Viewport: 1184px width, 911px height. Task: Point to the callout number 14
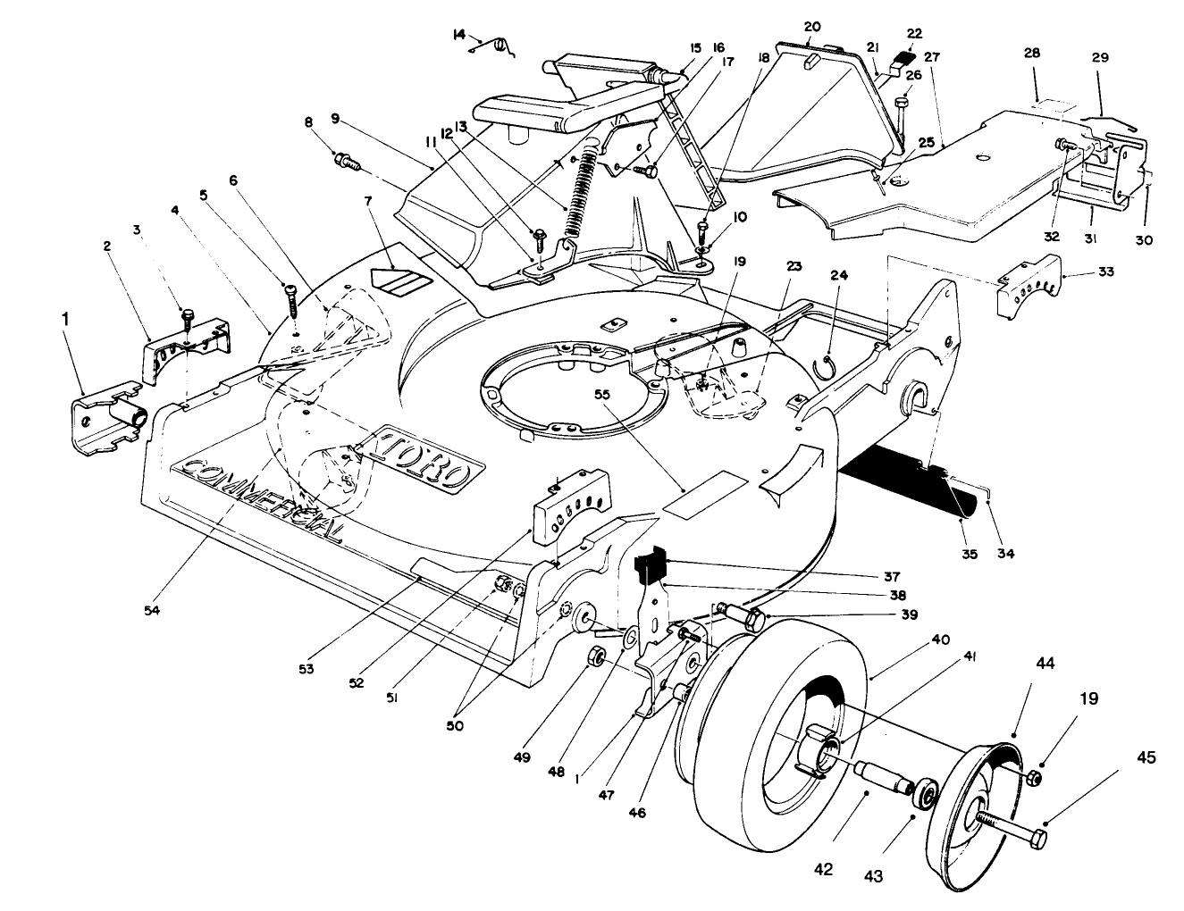459,35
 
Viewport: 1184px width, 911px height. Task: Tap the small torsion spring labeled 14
500,45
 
